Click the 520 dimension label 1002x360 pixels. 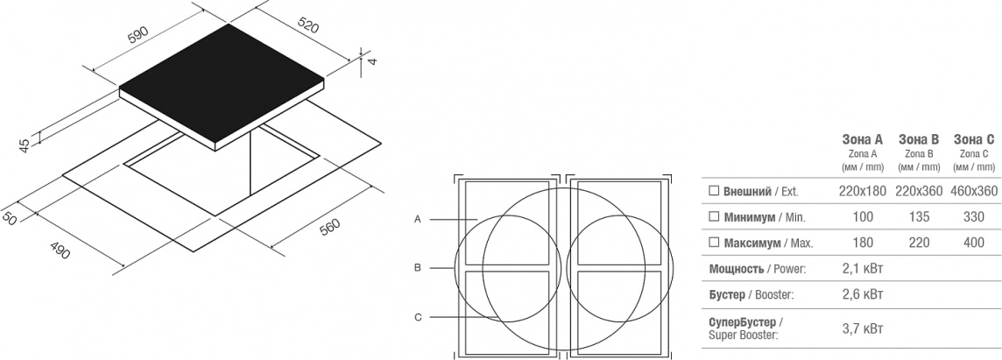pos(307,24)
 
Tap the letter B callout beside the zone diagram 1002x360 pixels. pos(417,268)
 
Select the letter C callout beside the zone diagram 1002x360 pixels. pos(417,317)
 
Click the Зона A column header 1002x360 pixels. pos(862,139)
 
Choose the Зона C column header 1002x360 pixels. pos(974,139)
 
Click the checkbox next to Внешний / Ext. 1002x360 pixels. pos(714,191)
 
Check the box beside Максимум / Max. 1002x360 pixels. pos(714,243)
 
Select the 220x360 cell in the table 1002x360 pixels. pos(918,191)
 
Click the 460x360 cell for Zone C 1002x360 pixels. pos(974,191)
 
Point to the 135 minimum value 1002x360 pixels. pos(918,216)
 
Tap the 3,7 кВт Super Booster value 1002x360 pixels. pos(864,328)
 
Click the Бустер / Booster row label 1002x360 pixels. pos(751,295)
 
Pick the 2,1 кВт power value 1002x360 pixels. pos(864,269)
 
